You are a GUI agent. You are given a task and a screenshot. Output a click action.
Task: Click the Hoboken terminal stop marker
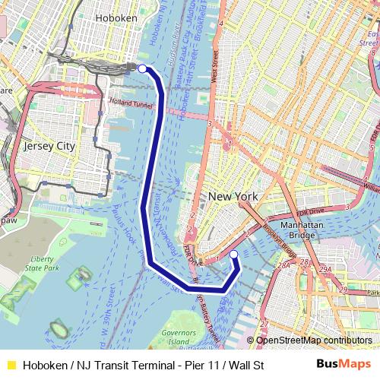tap(142, 68)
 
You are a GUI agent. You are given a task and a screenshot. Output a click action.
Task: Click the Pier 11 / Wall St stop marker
tap(234, 254)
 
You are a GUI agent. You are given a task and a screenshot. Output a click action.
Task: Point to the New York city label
tap(232, 196)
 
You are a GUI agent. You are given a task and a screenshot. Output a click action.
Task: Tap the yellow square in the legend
tap(11, 366)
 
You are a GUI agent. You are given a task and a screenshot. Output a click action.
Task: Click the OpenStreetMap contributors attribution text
tap(313, 340)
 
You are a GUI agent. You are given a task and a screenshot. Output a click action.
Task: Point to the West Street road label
tap(215, 66)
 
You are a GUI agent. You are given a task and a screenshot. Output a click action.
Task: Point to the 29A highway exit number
tap(325, 270)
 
